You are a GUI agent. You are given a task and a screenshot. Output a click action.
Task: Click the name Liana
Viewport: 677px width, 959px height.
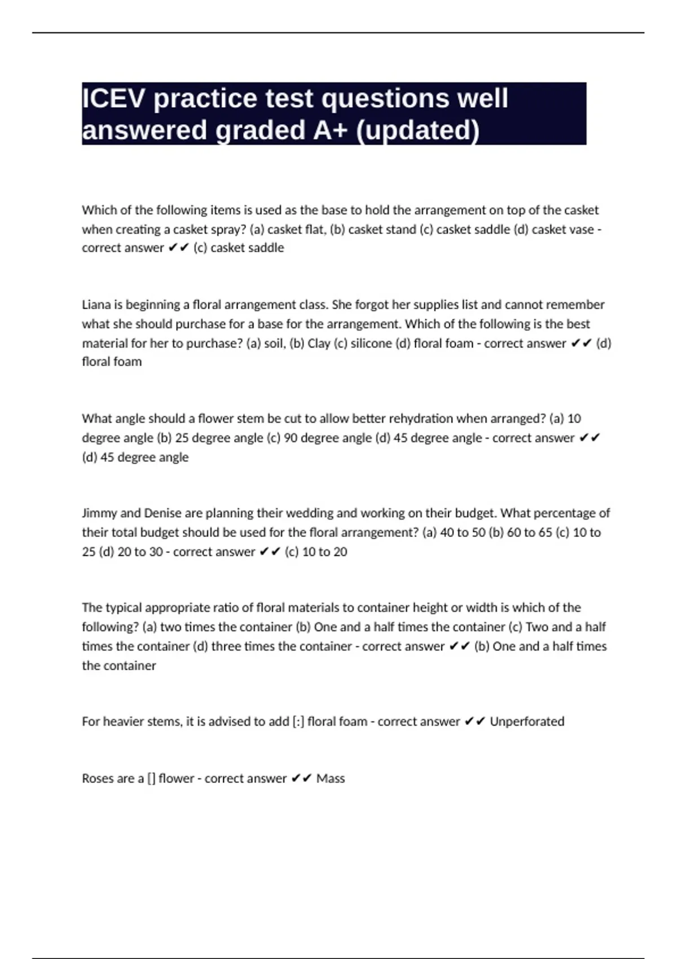tap(96, 305)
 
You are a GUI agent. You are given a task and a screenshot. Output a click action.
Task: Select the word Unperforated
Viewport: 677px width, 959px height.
tap(527, 722)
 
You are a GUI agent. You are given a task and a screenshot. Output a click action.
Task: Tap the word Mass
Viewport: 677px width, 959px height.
tap(331, 778)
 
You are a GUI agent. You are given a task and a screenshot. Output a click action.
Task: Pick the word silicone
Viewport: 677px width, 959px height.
tap(371, 344)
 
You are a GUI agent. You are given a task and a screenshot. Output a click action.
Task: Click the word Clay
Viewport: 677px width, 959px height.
tap(319, 344)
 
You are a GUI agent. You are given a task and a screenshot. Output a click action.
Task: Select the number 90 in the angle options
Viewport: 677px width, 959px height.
tap(291, 438)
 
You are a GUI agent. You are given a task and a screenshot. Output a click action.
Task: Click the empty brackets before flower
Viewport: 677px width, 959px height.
tap(151, 778)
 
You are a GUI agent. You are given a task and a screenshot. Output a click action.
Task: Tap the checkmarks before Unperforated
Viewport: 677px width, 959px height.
tap(474, 722)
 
